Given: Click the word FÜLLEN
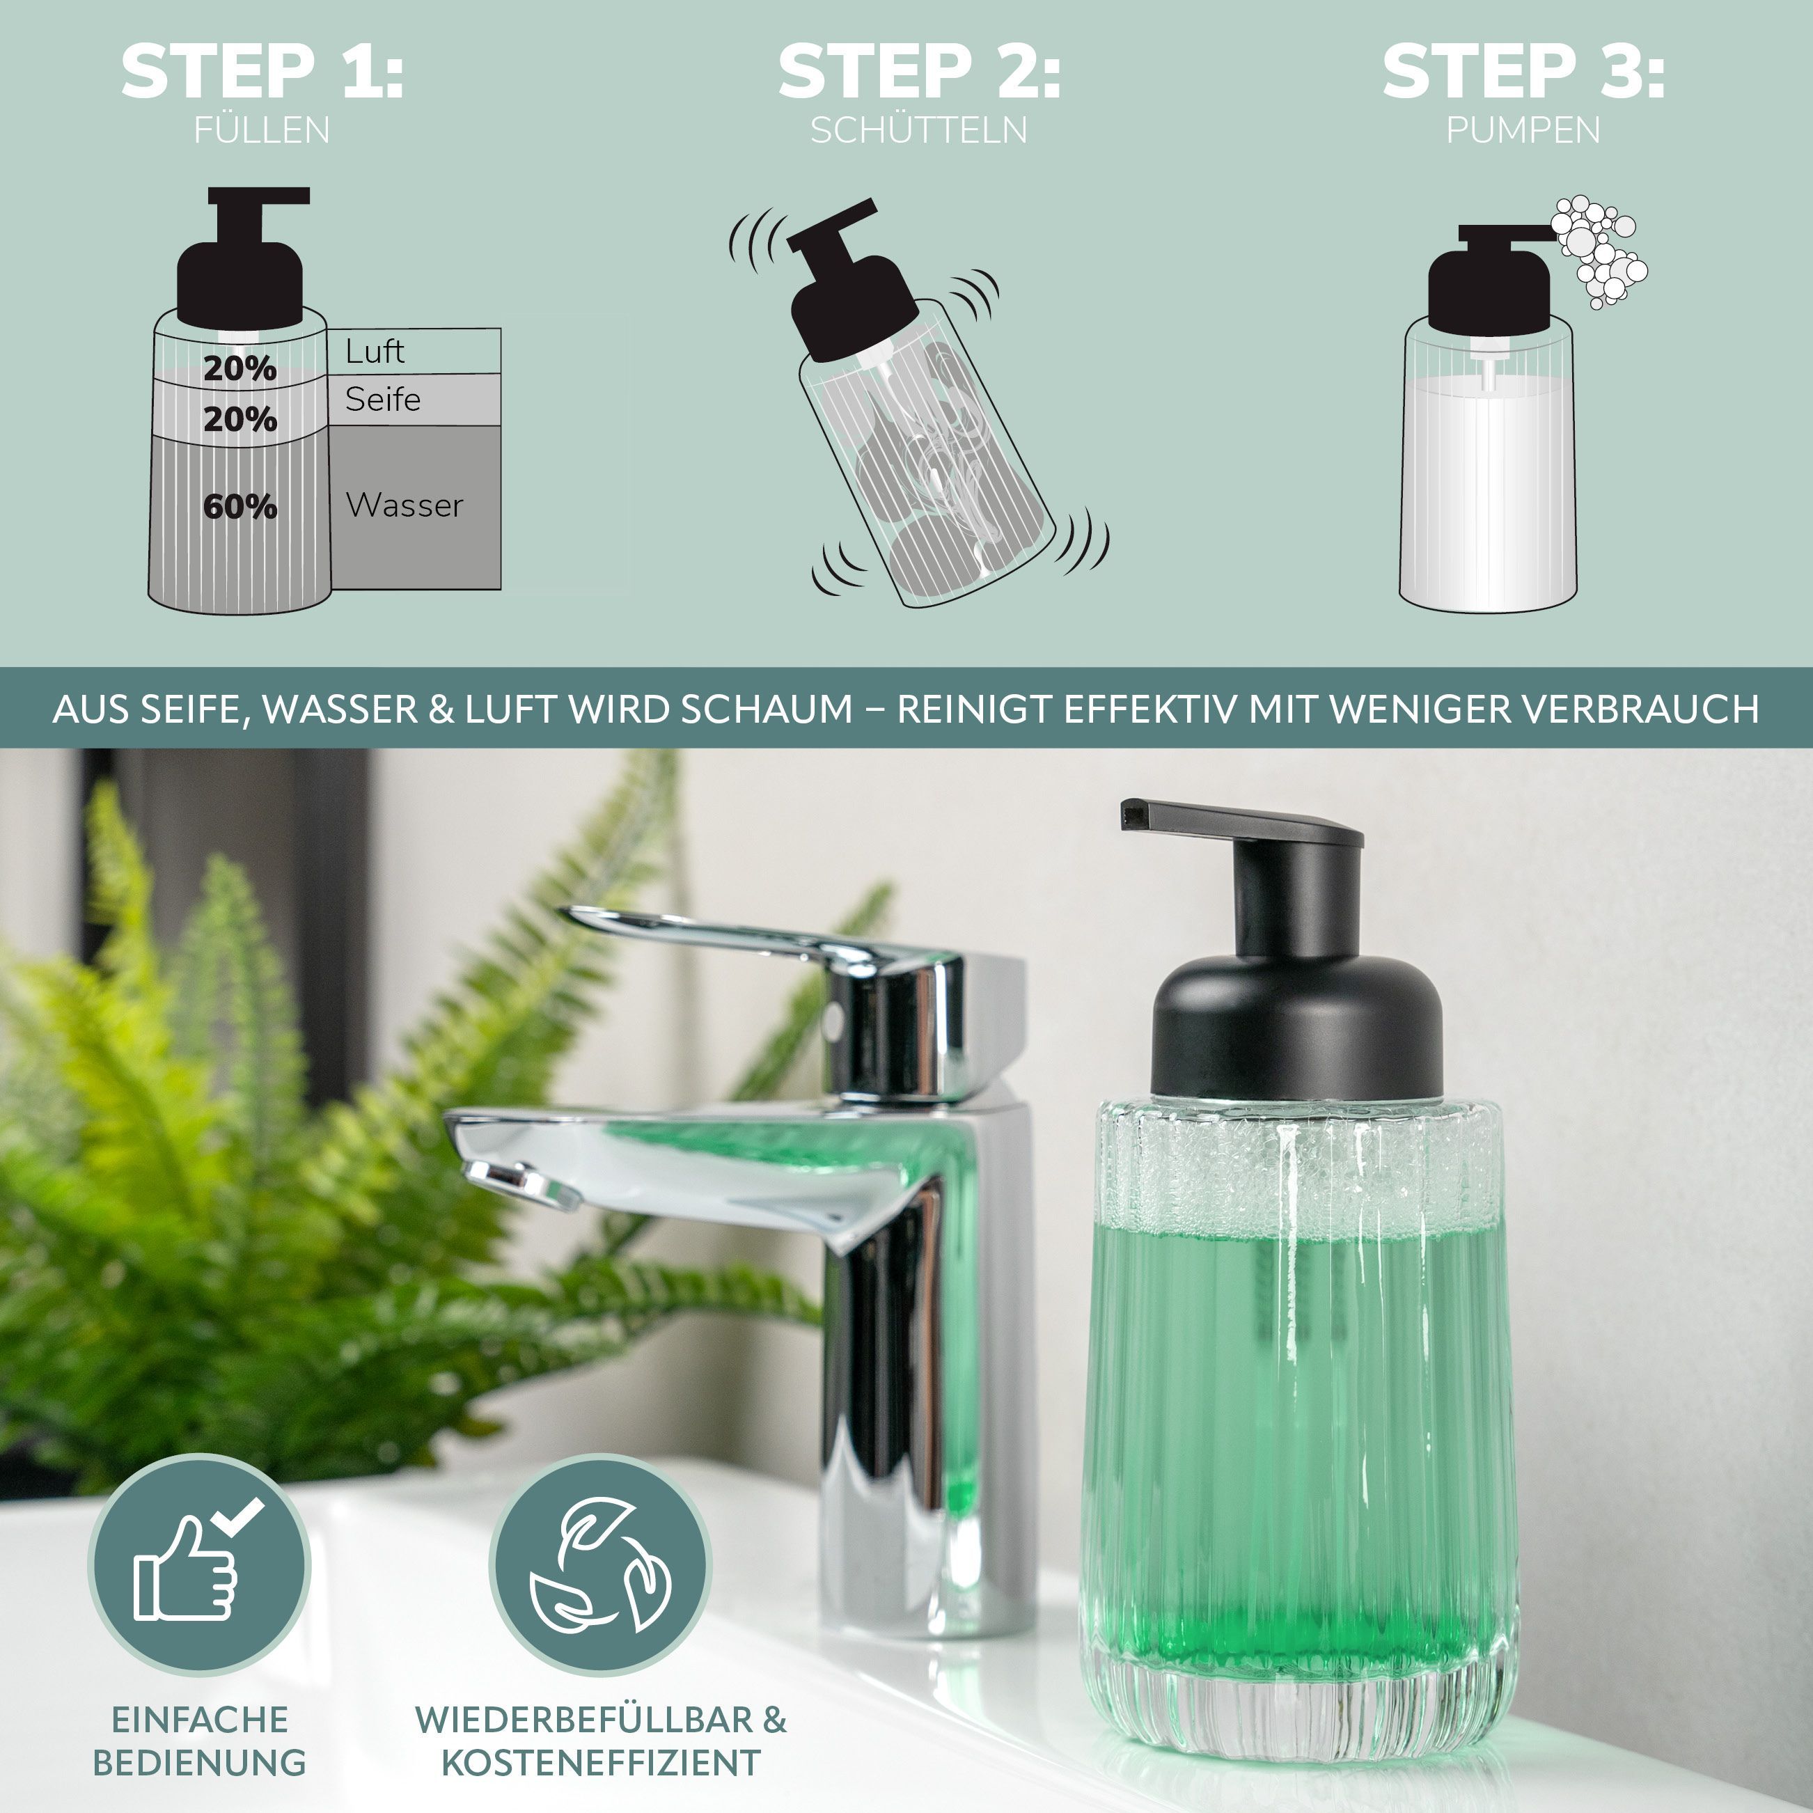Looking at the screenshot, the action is point(262,129).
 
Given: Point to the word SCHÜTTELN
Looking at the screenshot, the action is point(919,129).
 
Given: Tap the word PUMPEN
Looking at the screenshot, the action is point(1523,129).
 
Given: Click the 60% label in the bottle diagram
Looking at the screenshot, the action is point(240,507).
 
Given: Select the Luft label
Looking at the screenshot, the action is point(375,351).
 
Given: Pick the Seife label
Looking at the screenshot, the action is point(383,399).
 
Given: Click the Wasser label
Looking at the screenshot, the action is point(405,505).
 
